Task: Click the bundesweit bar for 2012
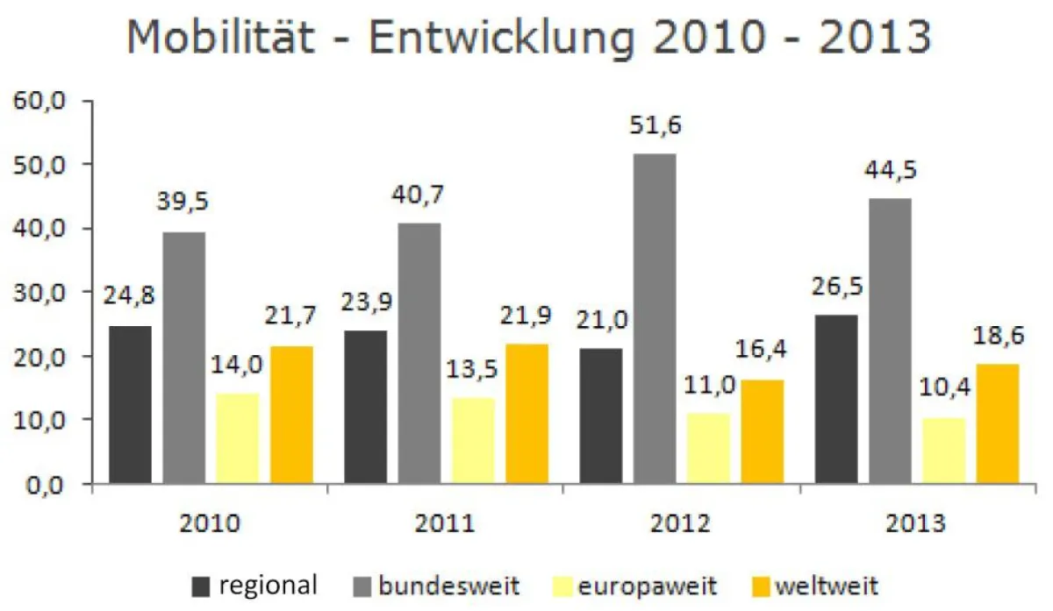click(655, 319)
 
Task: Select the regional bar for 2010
click(130, 405)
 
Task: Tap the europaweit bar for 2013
click(943, 451)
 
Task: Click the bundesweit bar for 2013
click(891, 341)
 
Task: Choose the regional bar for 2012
click(602, 416)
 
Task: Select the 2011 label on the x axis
click(445, 525)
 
